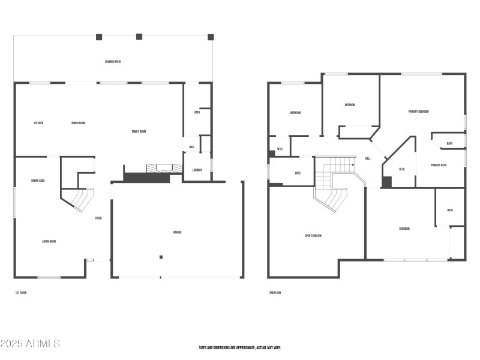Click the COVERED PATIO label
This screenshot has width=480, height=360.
coord(113,62)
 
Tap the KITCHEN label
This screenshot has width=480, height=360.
coord(38,123)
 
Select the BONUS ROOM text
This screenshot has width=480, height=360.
coord(78,123)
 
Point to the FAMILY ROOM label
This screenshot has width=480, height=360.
coord(139,131)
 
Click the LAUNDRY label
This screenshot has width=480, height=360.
coord(197,170)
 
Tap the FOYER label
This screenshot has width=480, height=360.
coord(98,218)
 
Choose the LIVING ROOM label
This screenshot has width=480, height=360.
coord(49,242)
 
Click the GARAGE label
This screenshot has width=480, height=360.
coord(178,232)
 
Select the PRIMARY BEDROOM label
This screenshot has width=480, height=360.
coord(418,112)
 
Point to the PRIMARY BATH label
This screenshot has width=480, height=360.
coord(439,165)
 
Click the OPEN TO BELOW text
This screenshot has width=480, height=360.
coord(313,236)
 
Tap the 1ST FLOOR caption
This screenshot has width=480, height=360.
coord(21,293)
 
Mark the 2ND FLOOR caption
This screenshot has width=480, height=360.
coord(275,293)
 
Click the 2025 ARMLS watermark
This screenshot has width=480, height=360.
coord(30,344)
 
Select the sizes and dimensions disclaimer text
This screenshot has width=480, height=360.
coord(240,347)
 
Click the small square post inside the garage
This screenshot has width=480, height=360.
coord(161,257)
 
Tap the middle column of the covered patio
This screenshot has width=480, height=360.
coord(139,37)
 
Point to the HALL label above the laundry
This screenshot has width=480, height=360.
coord(192,147)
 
